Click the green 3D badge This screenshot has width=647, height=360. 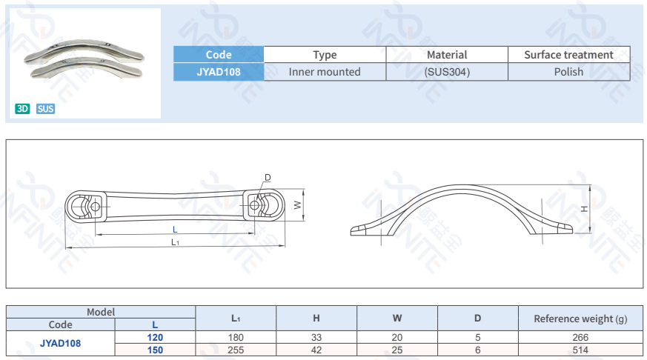point(22,109)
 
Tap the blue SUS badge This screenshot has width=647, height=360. point(45,109)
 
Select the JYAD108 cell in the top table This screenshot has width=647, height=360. point(219,72)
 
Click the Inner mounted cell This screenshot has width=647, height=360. point(325,72)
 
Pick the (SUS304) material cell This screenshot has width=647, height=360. point(447,72)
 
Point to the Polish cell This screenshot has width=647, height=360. point(568,72)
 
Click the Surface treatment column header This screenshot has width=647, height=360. point(568,55)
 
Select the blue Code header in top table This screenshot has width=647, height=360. point(219,55)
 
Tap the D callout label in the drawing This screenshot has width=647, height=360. point(268,178)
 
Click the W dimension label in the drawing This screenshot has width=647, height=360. point(297,205)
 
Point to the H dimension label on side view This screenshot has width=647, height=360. point(584,210)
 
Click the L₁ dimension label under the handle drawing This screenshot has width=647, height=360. point(175,242)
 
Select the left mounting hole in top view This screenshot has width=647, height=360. point(93,206)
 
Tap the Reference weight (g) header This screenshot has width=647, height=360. point(580,319)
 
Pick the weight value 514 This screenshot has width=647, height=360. point(580,350)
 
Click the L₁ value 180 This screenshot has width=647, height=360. point(236,338)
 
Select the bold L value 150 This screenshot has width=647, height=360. point(155,350)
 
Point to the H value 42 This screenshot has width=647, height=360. point(316,350)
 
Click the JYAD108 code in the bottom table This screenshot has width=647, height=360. point(60,344)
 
